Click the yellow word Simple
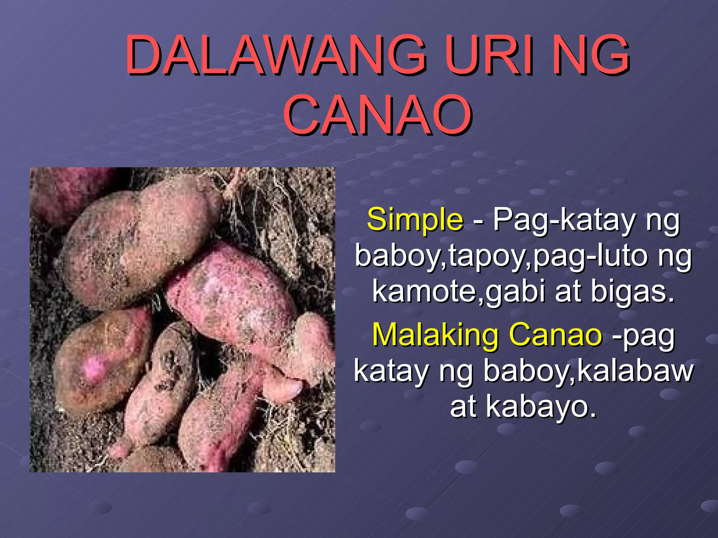(x=415, y=220)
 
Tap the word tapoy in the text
(x=489, y=257)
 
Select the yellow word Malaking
(x=435, y=335)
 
